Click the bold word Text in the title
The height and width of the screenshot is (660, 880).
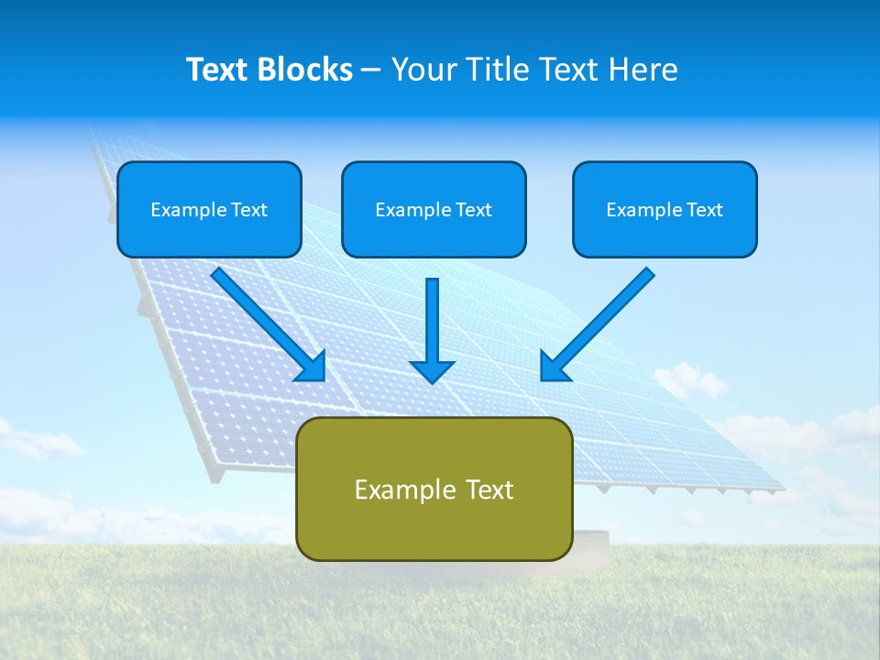click(x=219, y=70)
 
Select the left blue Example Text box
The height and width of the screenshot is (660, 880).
click(x=209, y=209)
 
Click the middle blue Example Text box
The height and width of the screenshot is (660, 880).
click(x=434, y=209)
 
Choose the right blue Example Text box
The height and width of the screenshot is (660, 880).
click(x=665, y=209)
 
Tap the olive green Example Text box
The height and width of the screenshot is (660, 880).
click(x=434, y=489)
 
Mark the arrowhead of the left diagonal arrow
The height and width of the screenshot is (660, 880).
click(x=313, y=367)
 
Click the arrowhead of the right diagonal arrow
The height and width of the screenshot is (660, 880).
click(x=554, y=367)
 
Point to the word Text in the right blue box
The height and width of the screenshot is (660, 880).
click(x=703, y=210)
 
